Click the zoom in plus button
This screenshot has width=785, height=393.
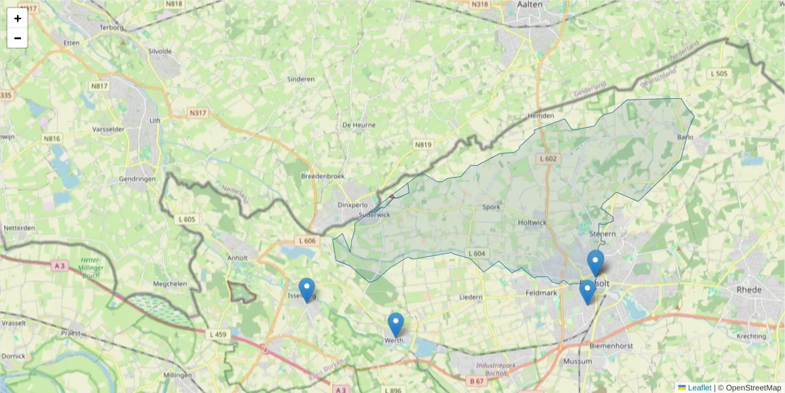tap(18, 18)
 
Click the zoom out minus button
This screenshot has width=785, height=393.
tap(18, 38)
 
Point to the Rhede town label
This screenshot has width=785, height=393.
tap(750, 289)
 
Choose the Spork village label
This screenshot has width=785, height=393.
tap(491, 207)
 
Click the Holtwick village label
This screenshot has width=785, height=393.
tap(531, 223)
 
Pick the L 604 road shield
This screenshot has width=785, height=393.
tap(477, 253)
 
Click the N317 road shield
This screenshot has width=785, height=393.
tap(198, 113)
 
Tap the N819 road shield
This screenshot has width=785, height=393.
tap(423, 144)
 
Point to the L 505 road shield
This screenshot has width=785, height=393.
tap(719, 74)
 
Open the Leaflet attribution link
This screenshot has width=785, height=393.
tap(699, 388)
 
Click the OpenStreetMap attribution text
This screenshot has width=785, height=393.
tap(753, 388)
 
